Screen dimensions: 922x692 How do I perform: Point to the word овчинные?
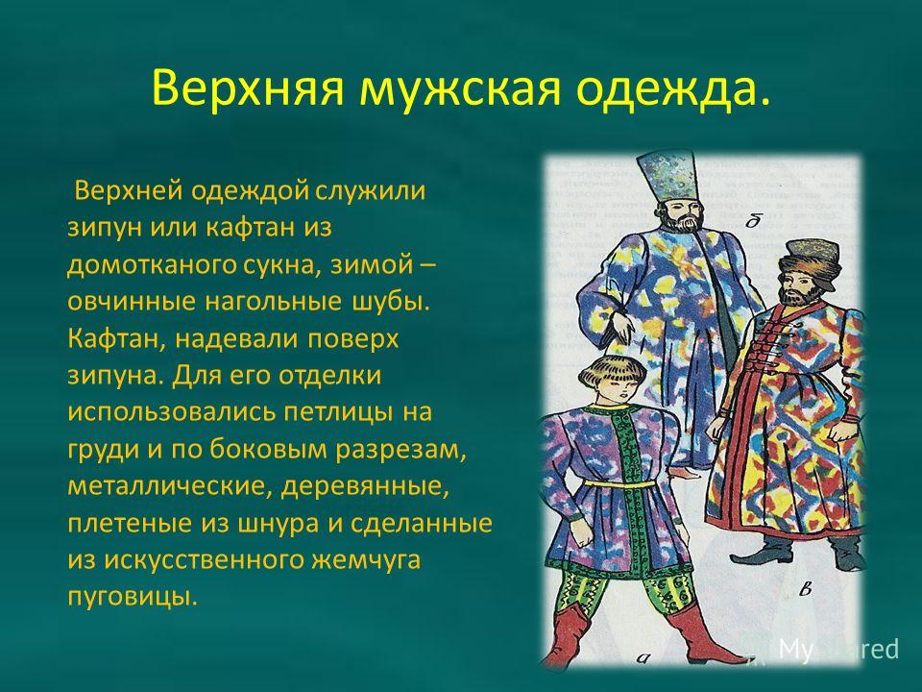click(132, 301)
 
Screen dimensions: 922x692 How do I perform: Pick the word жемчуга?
click(366, 559)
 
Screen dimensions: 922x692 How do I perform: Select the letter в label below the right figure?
click(806, 588)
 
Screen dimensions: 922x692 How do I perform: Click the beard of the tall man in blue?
click(682, 222)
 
